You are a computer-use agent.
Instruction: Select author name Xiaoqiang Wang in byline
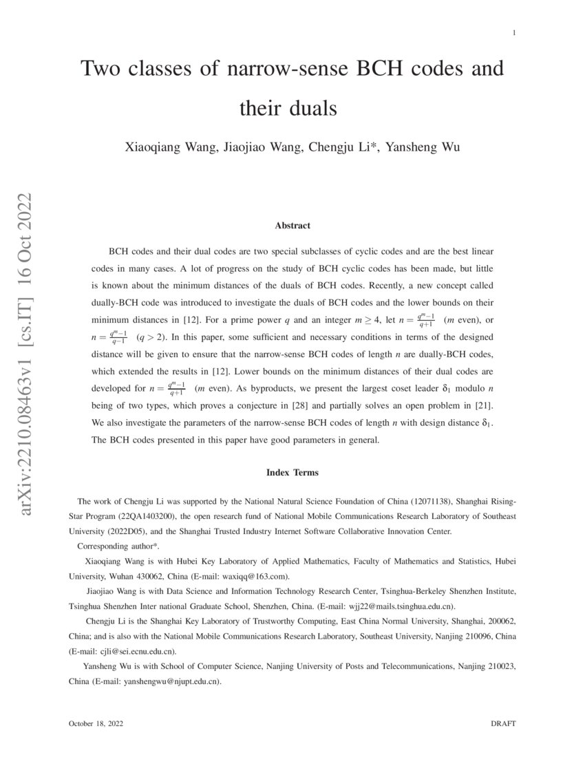click(164, 147)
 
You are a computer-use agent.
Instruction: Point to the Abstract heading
click(292, 225)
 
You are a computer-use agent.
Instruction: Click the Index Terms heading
click(292, 473)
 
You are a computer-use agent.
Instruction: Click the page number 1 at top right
click(514, 33)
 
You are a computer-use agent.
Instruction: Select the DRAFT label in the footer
click(503, 724)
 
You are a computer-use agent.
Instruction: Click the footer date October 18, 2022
click(96, 724)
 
